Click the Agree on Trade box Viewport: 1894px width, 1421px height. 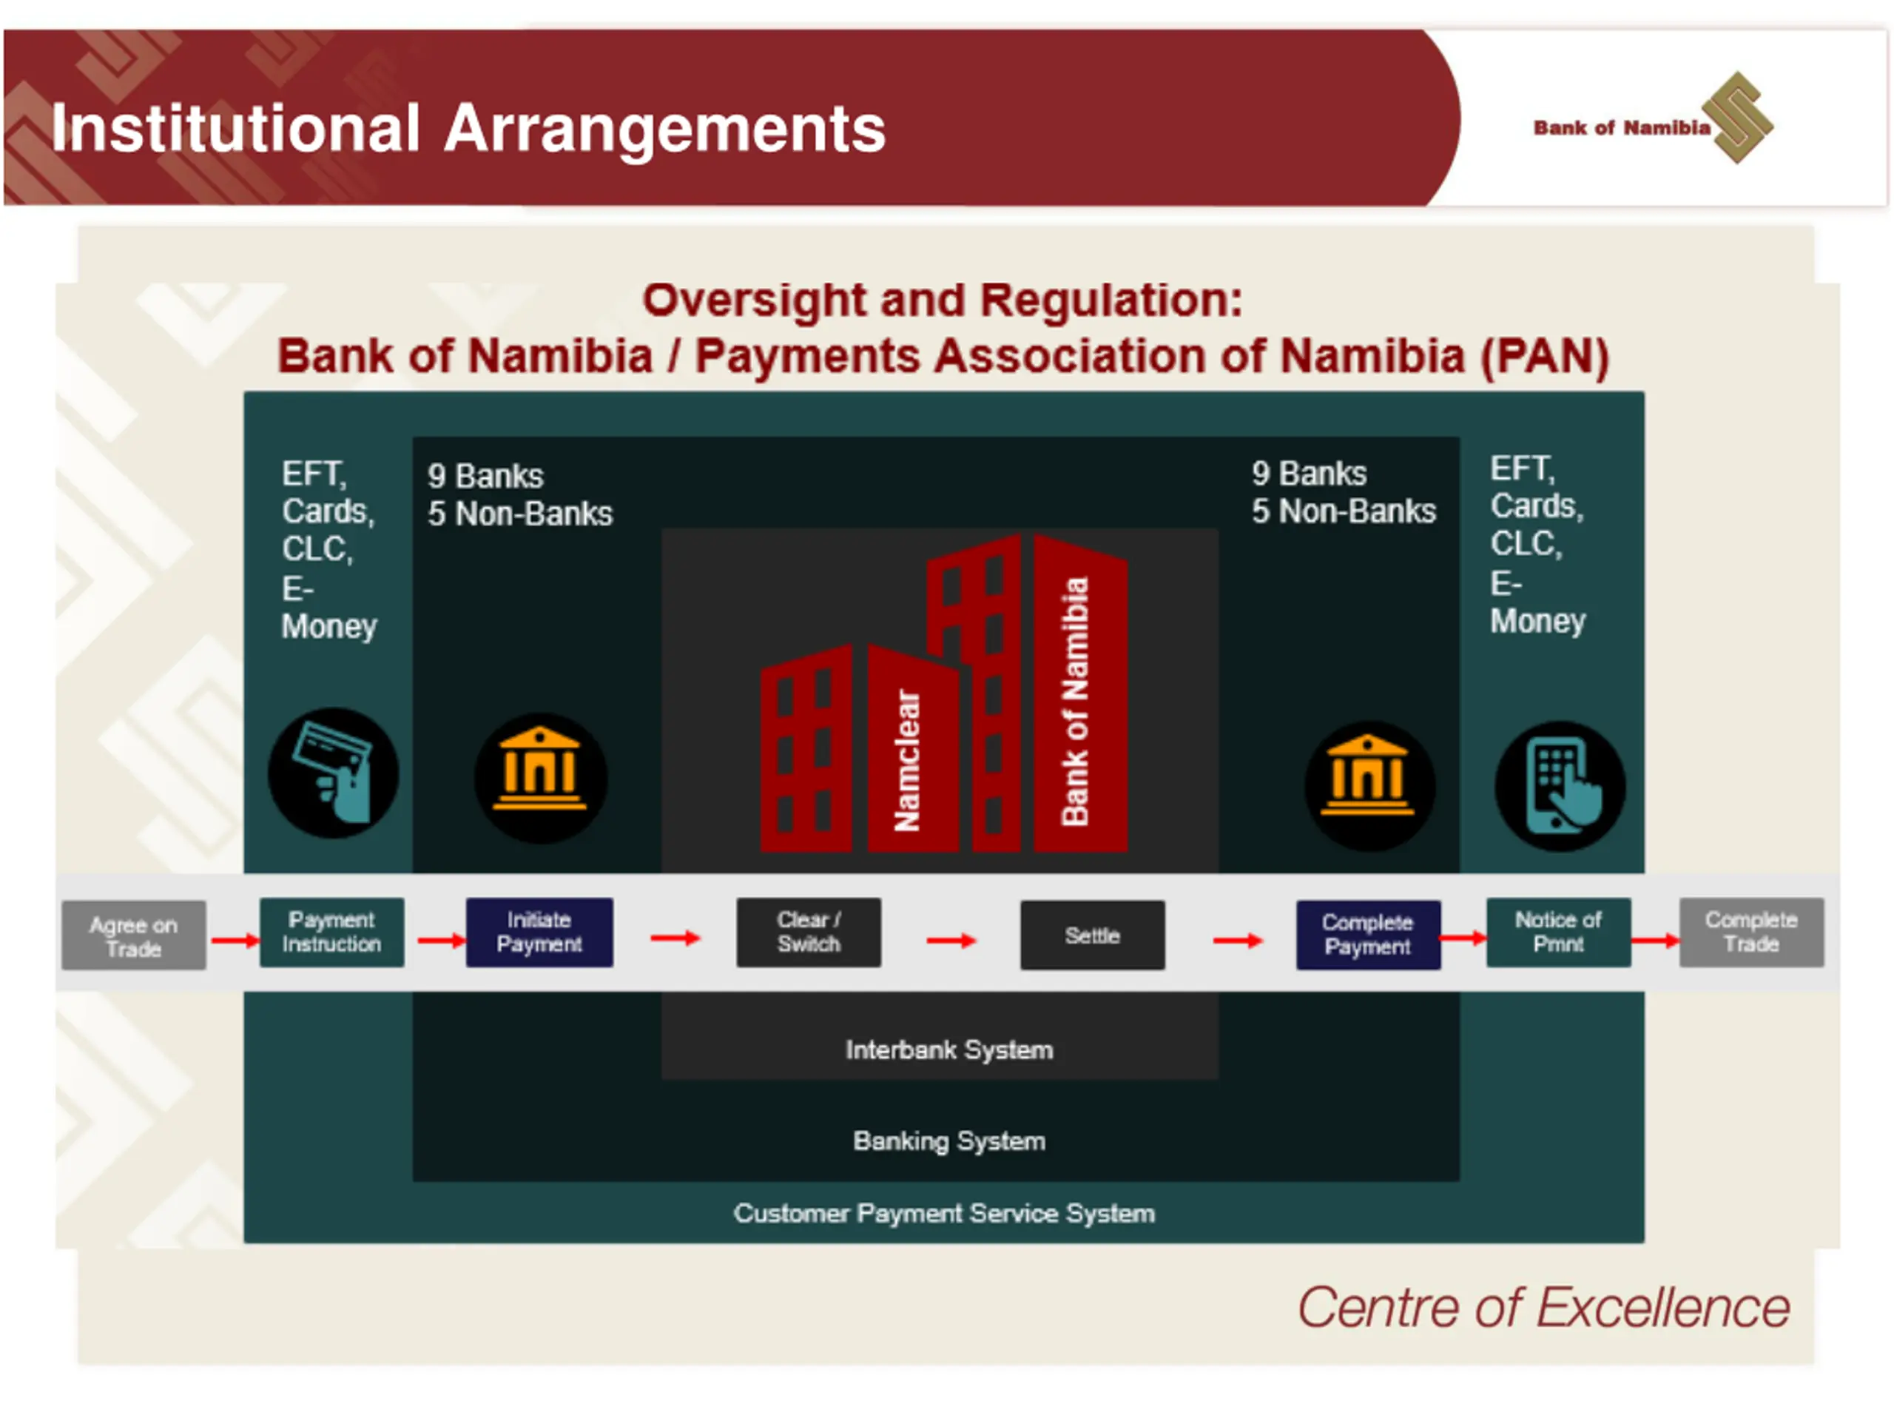(x=134, y=935)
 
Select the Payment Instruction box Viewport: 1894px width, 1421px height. (x=331, y=932)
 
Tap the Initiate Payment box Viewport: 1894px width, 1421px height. (x=539, y=932)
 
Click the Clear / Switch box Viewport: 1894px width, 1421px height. (x=809, y=932)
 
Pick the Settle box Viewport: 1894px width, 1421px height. (x=1092, y=935)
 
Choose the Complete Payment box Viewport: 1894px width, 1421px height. (x=1367, y=935)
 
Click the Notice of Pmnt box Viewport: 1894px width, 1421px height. (x=1557, y=932)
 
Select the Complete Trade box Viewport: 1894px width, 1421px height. (x=1751, y=932)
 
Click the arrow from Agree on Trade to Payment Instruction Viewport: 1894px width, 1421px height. (x=234, y=941)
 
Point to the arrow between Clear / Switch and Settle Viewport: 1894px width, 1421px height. (x=951, y=941)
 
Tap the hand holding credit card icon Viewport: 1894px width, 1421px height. (x=333, y=773)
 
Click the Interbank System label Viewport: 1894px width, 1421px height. (x=948, y=1050)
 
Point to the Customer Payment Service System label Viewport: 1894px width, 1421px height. (x=943, y=1213)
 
